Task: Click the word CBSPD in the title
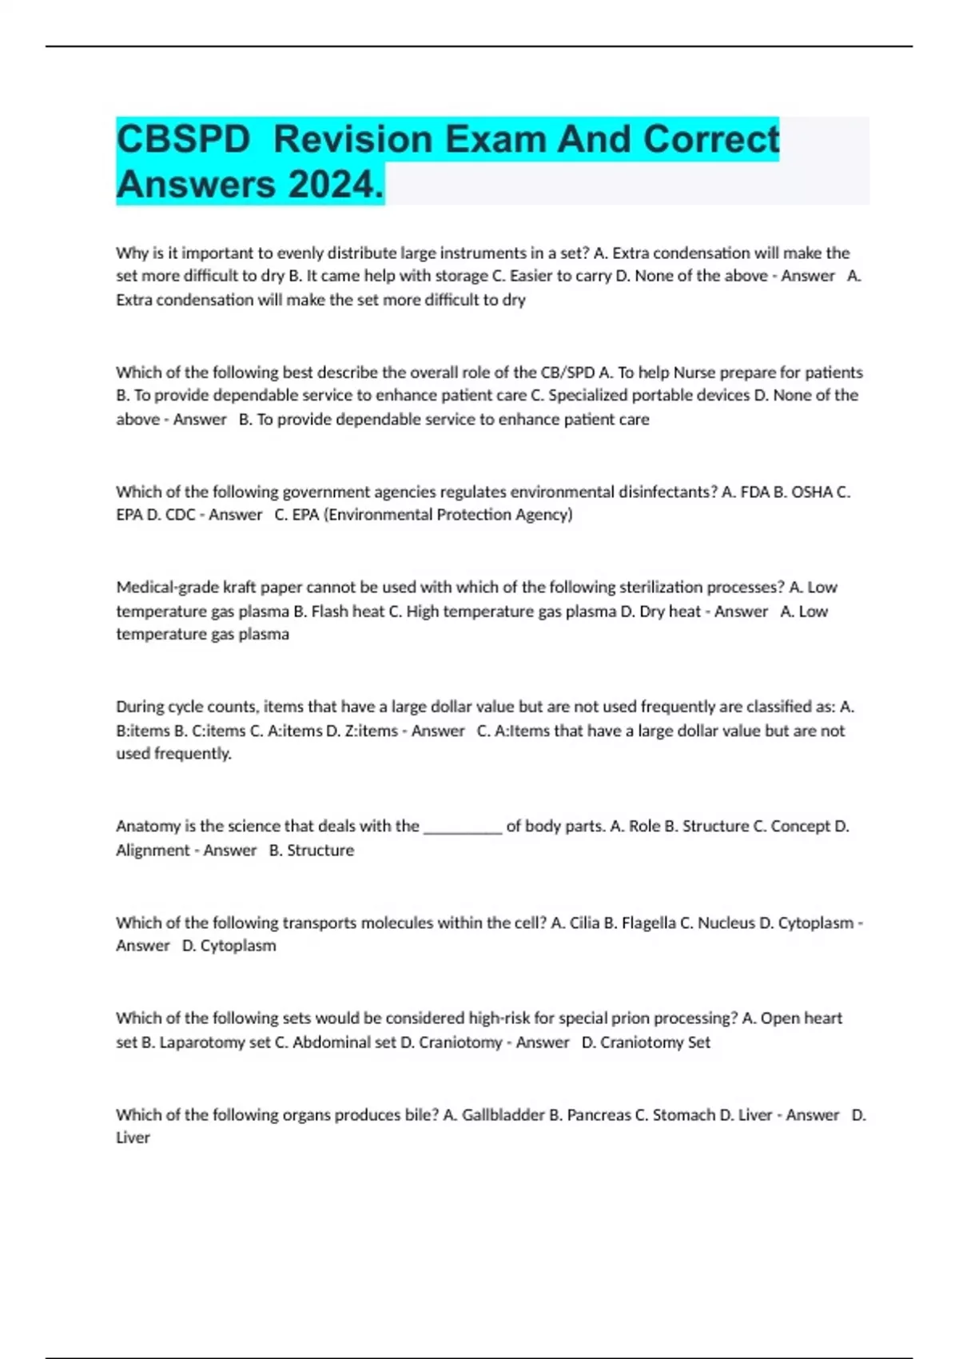183,140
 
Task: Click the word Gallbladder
503,1114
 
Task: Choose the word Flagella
649,923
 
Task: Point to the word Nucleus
726,923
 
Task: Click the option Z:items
371,731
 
